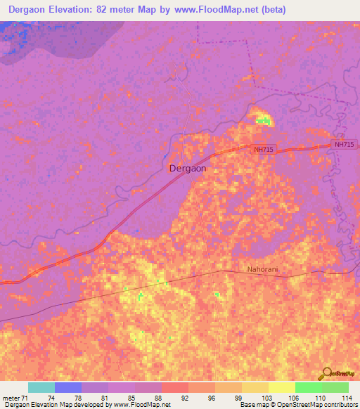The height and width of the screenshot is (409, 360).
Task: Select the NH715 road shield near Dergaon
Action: (x=264, y=150)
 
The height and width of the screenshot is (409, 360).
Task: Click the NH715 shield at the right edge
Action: (x=345, y=144)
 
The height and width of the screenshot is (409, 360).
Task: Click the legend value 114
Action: (x=347, y=398)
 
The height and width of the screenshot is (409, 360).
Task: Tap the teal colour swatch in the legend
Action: (x=41, y=387)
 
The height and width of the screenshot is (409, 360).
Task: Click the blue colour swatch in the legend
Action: (x=68, y=387)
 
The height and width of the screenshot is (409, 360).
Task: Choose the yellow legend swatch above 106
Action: (x=282, y=387)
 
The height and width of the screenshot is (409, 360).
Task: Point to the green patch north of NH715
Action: (x=263, y=121)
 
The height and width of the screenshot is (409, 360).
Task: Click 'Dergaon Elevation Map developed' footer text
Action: (x=49, y=405)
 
